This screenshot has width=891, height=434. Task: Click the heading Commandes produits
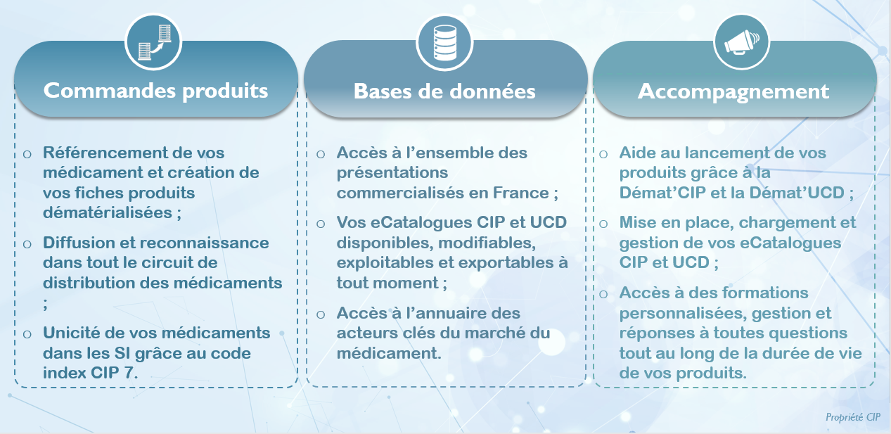click(155, 91)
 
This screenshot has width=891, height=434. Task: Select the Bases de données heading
click(444, 91)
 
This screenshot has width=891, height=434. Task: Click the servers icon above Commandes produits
click(154, 42)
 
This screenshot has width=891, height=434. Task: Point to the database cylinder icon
click(444, 43)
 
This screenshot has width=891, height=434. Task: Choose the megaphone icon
click(741, 42)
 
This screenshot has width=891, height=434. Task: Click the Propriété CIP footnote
click(853, 417)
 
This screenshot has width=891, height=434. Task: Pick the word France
click(520, 193)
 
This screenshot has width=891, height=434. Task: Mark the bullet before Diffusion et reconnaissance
click(27, 243)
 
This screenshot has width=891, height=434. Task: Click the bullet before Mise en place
click(603, 224)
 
